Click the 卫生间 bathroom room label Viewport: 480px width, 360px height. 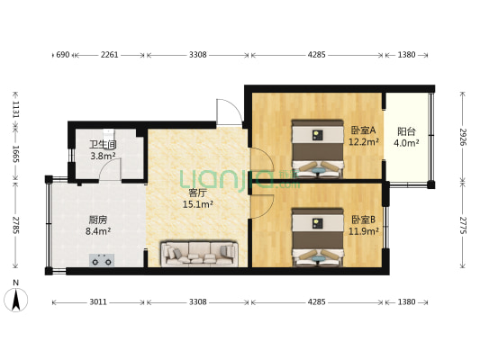[x=101, y=143]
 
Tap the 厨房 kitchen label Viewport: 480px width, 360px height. [x=99, y=220]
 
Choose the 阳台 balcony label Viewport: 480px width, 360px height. [x=406, y=130]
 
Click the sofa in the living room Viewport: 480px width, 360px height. [x=198, y=254]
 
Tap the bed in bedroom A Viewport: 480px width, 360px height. [x=317, y=148]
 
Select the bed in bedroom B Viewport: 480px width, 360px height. [x=317, y=238]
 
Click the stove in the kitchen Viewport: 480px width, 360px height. [x=100, y=261]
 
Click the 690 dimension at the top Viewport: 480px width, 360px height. [x=63, y=55]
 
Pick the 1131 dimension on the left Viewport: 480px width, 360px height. [x=14, y=108]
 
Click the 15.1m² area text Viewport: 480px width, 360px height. [x=197, y=204]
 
